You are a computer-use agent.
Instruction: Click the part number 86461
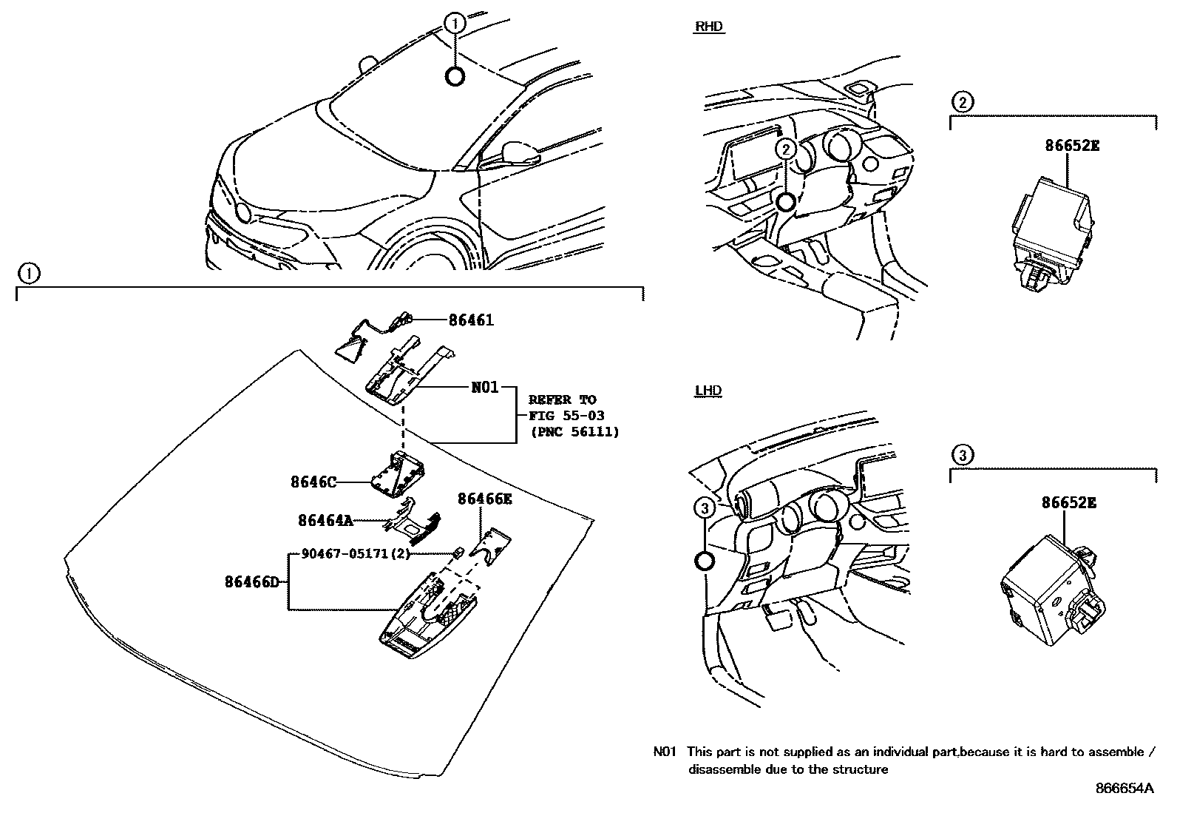[x=471, y=320]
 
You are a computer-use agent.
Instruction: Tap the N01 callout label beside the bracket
[x=485, y=387]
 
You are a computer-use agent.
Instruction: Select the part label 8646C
[x=313, y=482]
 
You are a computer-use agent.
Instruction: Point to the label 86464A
[x=325, y=520]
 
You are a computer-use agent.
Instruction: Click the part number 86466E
[x=484, y=499]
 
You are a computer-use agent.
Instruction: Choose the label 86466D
[x=251, y=581]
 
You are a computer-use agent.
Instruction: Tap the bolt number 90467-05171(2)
[x=355, y=553]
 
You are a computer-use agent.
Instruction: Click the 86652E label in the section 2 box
[x=1071, y=146]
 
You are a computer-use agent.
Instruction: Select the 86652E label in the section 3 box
[x=1068, y=503]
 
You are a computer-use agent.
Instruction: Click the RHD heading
[x=709, y=27]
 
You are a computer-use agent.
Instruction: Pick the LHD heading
[x=708, y=391]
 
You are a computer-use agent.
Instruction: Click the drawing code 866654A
[x=1124, y=789]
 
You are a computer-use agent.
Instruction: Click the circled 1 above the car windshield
[x=455, y=24]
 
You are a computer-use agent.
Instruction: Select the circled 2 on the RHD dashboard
[x=785, y=149]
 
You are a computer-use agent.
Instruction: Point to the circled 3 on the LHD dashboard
[x=705, y=507]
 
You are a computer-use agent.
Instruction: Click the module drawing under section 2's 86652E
[x=1051, y=229]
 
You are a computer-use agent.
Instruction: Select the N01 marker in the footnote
[x=665, y=752]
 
